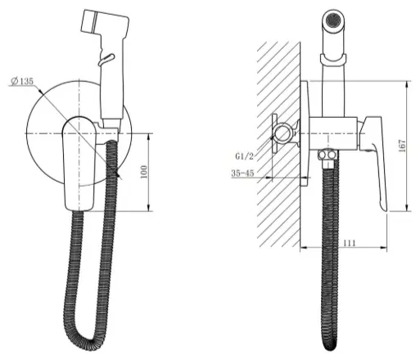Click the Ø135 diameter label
(x=22, y=81)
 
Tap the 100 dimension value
(x=144, y=172)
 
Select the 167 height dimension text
(x=402, y=146)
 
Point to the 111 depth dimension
(x=350, y=243)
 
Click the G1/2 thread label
(x=245, y=156)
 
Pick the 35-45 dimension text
(x=242, y=173)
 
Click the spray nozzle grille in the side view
(x=333, y=20)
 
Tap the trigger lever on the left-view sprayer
(x=106, y=59)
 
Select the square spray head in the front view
(x=105, y=24)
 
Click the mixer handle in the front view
(x=79, y=164)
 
